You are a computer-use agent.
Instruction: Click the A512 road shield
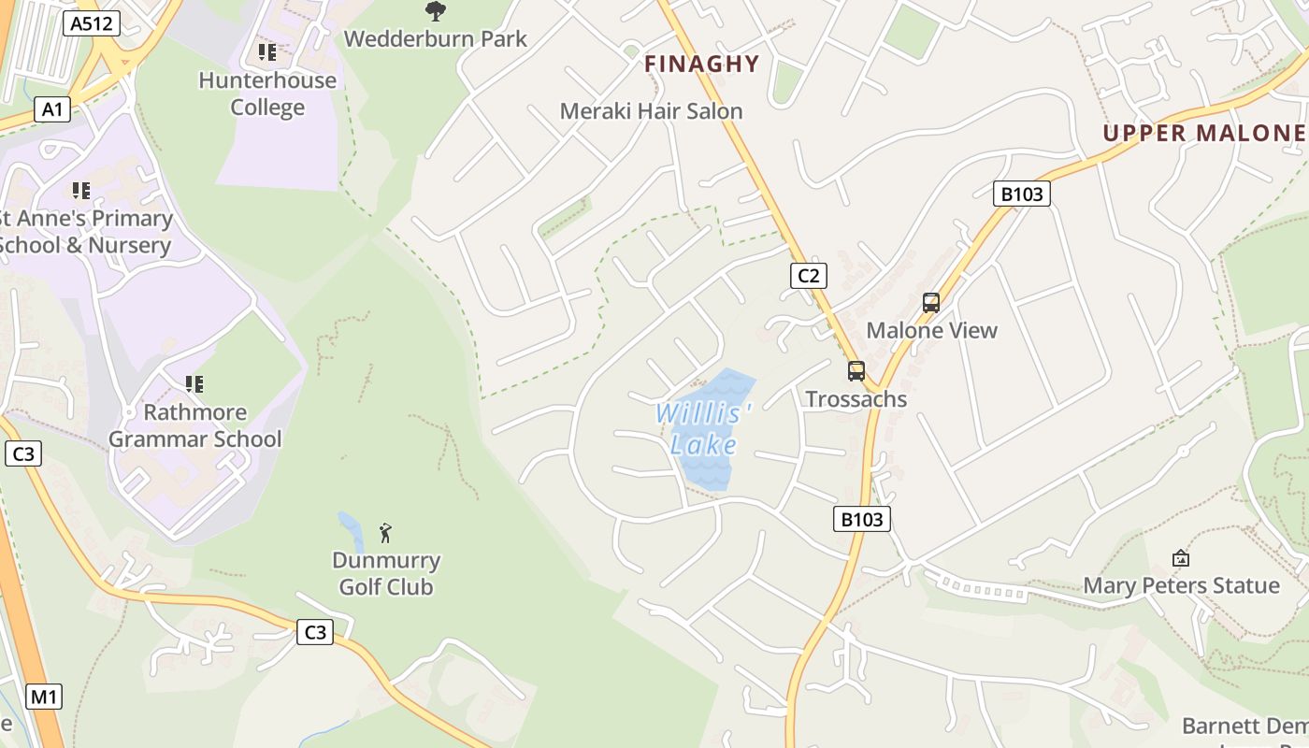point(93,23)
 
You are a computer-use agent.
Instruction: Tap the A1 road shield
point(52,109)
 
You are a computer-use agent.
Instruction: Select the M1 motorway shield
point(44,696)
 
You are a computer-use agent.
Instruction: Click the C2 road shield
point(809,275)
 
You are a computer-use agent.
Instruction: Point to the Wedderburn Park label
point(436,39)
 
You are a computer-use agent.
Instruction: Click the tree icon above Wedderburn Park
point(435,11)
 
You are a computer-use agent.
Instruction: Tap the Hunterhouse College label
point(267,93)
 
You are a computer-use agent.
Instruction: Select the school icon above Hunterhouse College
point(267,52)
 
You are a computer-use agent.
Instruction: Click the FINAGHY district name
point(702,64)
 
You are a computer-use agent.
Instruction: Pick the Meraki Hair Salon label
point(651,111)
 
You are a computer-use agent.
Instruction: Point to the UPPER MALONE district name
point(1204,133)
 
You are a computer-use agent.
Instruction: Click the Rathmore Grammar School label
point(195,425)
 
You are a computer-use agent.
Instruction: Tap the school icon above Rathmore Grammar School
point(194,383)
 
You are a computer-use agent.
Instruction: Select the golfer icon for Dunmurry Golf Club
point(385,533)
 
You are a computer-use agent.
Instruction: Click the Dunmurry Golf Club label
point(386,573)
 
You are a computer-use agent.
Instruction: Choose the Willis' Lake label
point(703,428)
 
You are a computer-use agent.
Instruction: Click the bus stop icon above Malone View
point(931,302)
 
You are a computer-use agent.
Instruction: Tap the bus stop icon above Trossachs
point(856,371)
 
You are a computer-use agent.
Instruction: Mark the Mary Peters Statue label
point(1181,585)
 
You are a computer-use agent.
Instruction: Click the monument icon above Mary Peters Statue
point(1181,558)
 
